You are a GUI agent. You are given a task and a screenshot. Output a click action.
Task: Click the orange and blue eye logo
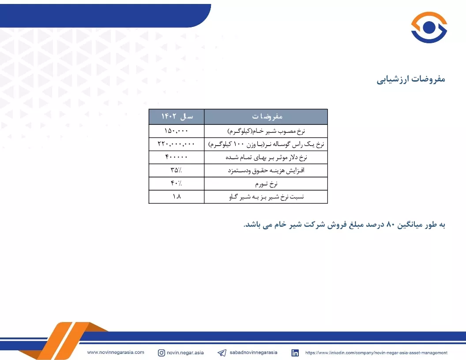(x=429, y=27)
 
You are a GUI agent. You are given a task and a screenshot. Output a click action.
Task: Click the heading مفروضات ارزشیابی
(x=411, y=79)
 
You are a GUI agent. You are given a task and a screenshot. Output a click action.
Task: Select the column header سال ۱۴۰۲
(x=177, y=116)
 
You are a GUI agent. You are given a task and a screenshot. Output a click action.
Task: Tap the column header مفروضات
(x=267, y=116)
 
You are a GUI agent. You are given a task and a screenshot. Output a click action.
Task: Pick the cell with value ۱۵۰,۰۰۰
(x=176, y=131)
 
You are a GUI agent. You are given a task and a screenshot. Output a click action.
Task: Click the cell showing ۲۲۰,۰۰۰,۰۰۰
(x=176, y=144)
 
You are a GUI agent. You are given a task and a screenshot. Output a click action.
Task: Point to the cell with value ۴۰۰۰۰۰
(x=176, y=157)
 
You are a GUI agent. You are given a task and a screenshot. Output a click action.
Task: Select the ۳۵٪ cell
(x=176, y=170)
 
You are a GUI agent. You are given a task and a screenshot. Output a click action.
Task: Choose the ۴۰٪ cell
(x=176, y=183)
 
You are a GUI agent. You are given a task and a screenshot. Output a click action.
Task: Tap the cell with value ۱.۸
(x=177, y=196)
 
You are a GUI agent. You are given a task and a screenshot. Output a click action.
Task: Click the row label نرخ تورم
(x=266, y=184)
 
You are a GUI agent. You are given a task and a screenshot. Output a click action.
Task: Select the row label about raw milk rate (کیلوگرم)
(x=266, y=131)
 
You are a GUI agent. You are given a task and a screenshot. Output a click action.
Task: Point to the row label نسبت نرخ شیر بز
(x=266, y=197)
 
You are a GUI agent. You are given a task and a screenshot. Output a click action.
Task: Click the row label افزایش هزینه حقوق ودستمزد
(x=266, y=170)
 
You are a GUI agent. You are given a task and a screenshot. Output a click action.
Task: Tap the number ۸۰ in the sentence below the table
(x=390, y=225)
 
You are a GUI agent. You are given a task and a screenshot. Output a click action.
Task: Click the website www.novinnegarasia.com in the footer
(x=116, y=352)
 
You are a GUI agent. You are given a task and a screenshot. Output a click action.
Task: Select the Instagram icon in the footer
(x=162, y=352)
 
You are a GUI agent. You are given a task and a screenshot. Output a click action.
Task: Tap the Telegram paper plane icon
(x=222, y=352)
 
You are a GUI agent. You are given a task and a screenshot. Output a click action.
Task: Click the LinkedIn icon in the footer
(x=295, y=352)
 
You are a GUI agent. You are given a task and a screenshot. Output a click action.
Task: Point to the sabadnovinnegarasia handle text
(x=253, y=352)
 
